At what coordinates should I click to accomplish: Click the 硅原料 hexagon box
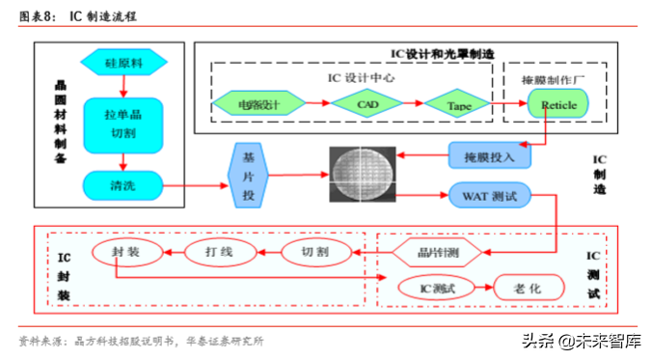tap(123, 64)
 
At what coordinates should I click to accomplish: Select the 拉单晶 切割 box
tap(122, 125)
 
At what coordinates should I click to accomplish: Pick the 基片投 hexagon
tap(248, 176)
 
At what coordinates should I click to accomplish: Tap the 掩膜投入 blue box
tap(489, 154)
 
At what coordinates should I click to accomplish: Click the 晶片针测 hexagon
tap(439, 254)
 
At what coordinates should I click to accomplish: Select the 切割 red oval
tap(314, 254)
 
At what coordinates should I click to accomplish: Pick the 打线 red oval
tap(219, 253)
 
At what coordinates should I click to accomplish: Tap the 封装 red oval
tap(125, 253)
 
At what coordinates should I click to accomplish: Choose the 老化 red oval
tap(530, 287)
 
